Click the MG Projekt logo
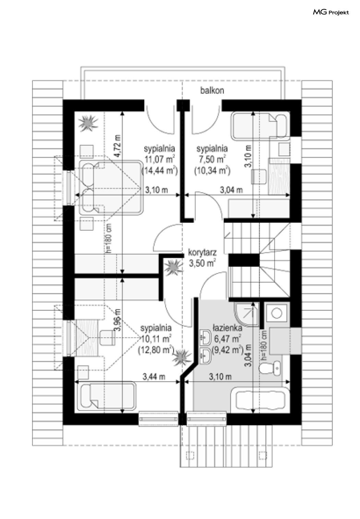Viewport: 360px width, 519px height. click(331, 12)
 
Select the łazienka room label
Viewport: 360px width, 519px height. click(227, 328)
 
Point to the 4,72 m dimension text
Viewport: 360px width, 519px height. click(118, 146)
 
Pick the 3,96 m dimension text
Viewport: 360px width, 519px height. click(118, 319)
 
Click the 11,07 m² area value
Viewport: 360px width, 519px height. click(160, 159)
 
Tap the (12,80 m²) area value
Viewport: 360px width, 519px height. click(156, 350)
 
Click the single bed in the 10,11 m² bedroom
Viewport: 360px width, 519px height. click(107, 396)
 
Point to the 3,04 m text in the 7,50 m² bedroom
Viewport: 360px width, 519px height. click(231, 190)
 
